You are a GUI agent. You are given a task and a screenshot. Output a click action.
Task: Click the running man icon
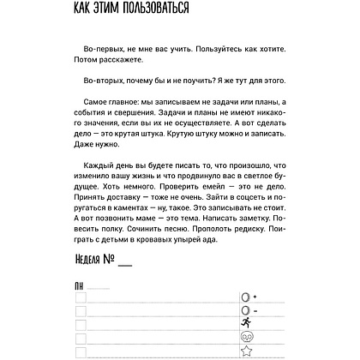click(245, 323)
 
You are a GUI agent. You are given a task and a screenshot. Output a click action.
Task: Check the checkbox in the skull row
click(81, 339)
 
